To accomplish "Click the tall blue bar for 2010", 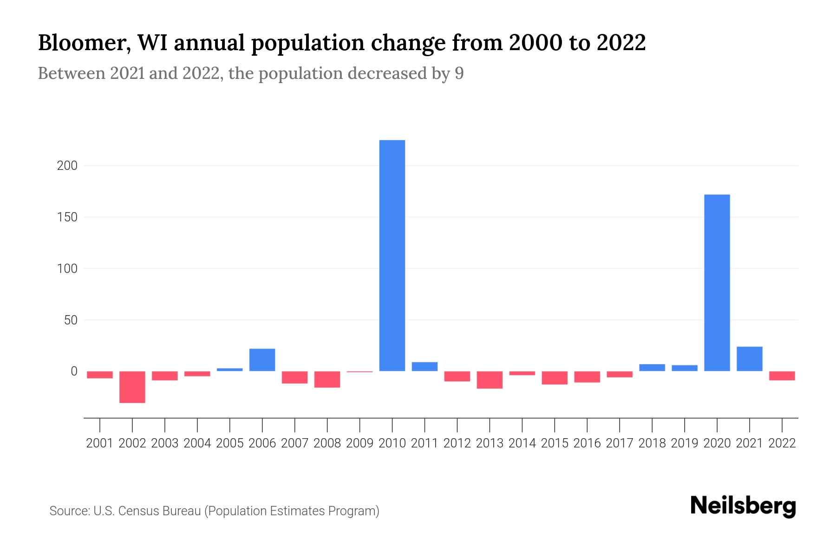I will point(392,255).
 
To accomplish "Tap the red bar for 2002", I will point(132,387).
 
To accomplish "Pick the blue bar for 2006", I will point(262,360).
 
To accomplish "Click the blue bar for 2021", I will point(749,359).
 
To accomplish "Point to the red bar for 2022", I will point(782,376).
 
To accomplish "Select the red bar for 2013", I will point(490,380).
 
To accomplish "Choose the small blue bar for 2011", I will point(425,366).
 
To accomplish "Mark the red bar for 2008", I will point(327,379).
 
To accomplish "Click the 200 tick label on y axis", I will point(67,166).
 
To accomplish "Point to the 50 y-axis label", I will point(70,320).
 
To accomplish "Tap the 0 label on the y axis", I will point(74,371).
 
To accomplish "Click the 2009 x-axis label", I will point(359,443).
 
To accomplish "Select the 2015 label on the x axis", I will point(555,443).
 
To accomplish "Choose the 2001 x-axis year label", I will point(100,443).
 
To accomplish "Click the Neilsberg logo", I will point(743,506).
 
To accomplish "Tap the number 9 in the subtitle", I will point(459,74).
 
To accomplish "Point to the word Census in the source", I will point(137,511).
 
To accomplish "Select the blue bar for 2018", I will point(652,368).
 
